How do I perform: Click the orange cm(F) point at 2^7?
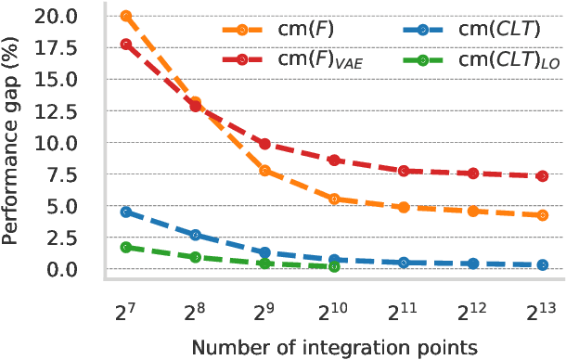126,17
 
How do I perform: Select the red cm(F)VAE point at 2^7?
126,45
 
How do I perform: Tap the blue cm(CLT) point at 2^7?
126,212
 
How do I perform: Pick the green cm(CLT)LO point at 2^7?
126,248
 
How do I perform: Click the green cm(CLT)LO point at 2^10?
334,267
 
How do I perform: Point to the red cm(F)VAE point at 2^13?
543,176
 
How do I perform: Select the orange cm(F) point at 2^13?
543,215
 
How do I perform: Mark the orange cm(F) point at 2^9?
264,171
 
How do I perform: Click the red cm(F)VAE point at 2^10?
334,161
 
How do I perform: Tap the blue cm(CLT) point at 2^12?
473,264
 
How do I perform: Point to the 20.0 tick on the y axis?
73,17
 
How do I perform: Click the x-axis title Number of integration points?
334,346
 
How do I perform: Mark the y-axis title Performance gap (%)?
13,144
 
